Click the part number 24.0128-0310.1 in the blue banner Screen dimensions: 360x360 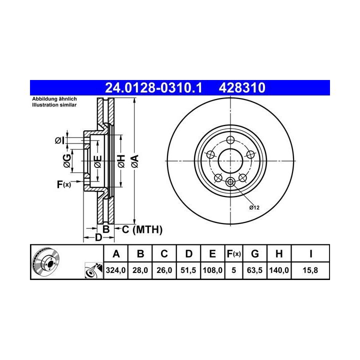point(153,87)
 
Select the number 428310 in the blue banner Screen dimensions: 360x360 point(242,87)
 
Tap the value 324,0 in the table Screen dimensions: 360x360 point(115,270)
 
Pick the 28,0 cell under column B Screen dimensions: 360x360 point(140,270)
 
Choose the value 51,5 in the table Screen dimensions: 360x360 point(188,270)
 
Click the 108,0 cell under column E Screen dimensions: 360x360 point(212,270)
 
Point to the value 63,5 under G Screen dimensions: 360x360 point(254,270)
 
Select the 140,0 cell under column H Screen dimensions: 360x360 point(279,270)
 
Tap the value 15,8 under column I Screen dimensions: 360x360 point(310,270)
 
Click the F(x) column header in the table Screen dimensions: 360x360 point(233,254)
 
